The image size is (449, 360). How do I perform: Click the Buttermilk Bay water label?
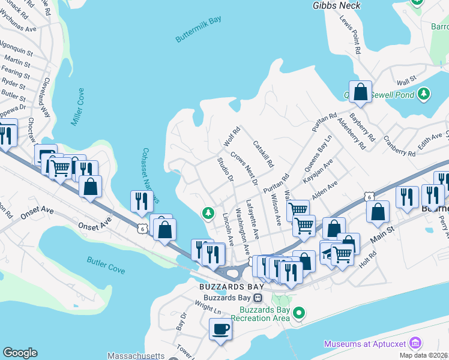(198, 29)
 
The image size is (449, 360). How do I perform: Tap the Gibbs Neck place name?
(337, 5)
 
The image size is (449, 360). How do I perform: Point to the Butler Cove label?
(106, 265)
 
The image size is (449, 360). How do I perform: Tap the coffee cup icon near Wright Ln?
(220, 329)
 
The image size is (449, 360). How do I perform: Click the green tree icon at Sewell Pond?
(424, 94)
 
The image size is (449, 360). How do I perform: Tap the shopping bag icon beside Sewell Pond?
(360, 92)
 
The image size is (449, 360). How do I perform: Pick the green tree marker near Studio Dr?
(208, 213)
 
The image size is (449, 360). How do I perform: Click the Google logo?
(20, 353)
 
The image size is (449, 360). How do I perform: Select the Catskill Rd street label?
(263, 154)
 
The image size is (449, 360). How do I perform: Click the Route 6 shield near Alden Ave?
(369, 197)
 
